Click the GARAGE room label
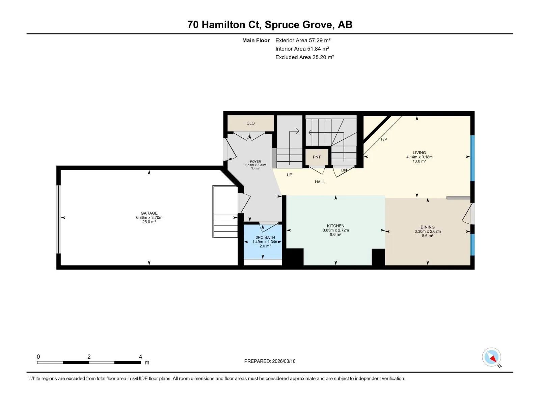149,213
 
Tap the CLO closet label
250,123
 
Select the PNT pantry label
317,157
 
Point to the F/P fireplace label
384,139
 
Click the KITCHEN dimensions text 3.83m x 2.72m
335,231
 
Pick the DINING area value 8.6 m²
428,236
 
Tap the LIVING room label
419,153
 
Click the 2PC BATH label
265,238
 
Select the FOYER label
255,162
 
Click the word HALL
320,182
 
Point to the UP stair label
289,175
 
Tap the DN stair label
344,170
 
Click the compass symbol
491,357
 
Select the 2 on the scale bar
89,356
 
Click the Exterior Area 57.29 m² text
303,40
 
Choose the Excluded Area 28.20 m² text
304,57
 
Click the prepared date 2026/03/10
283,361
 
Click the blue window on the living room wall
473,158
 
